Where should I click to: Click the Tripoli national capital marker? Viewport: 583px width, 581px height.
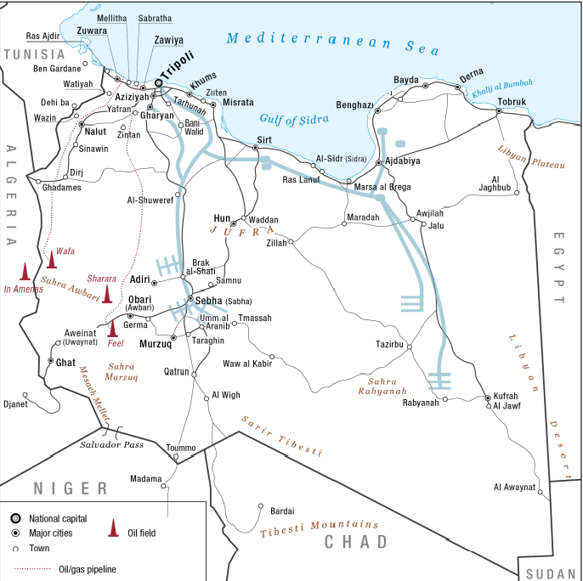[158, 82]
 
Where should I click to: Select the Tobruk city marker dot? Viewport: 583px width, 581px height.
[498, 111]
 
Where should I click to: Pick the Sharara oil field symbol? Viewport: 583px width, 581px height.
[107, 294]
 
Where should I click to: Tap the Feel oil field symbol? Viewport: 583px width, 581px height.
[111, 328]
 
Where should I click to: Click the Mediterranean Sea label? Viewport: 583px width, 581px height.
[320, 41]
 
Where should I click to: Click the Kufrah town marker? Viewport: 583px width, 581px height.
[487, 398]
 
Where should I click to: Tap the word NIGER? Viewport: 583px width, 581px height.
[71, 488]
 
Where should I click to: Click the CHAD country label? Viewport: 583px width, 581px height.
[355, 542]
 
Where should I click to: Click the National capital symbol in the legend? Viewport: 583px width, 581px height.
[15, 518]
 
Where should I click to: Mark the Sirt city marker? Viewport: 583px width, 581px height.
[255, 148]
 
